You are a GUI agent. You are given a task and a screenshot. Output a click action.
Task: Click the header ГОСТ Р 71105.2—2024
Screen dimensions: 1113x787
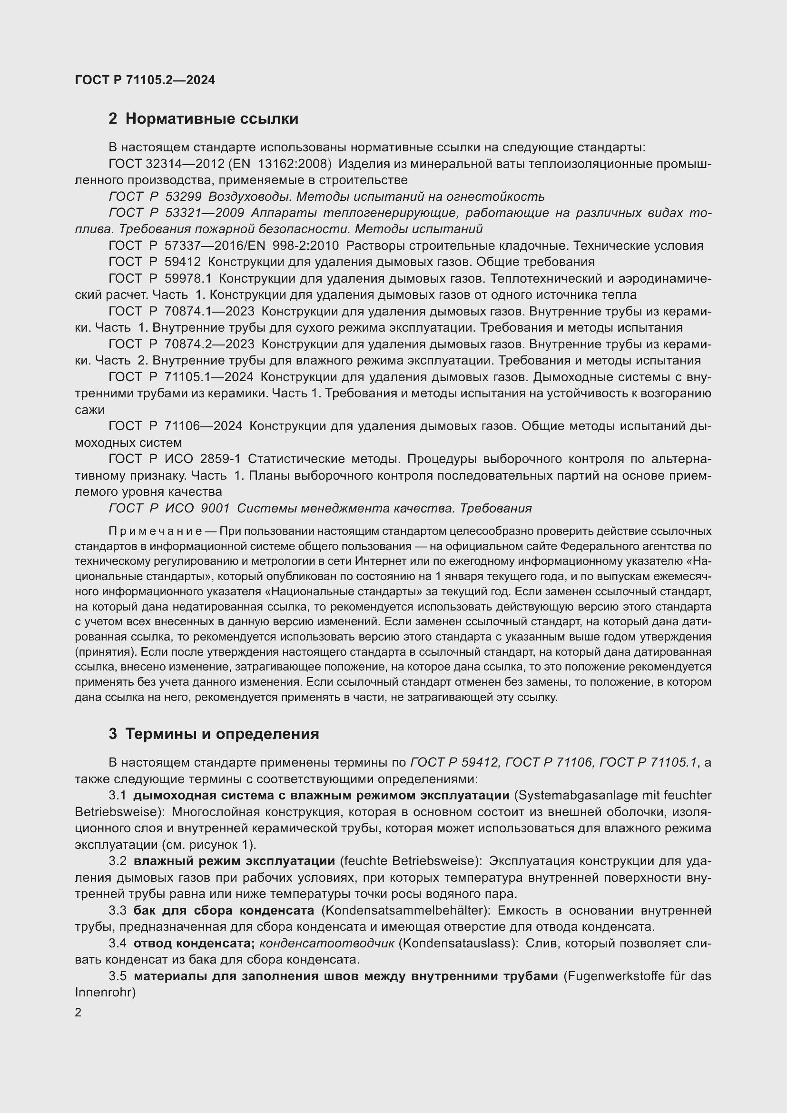[x=145, y=80]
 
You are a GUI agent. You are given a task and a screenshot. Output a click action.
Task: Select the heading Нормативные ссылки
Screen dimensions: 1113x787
[x=211, y=119]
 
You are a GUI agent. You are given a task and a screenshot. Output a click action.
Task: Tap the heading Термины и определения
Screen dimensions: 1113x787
[x=222, y=734]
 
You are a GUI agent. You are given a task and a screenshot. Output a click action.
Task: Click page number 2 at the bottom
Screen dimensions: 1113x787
[x=79, y=1012]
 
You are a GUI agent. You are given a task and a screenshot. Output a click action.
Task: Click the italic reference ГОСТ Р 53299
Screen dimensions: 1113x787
[x=150, y=197]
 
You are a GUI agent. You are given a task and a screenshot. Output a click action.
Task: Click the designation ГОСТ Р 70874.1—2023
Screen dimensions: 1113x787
[x=181, y=311]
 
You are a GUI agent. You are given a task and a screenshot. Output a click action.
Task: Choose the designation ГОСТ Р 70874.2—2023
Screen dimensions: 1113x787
[x=181, y=344]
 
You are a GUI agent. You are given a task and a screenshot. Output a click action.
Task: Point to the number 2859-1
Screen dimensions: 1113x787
[x=220, y=459]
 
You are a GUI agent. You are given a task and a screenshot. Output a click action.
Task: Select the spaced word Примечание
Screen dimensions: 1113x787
[x=155, y=532]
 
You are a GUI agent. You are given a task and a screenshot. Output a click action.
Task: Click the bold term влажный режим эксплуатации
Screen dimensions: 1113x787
[x=234, y=861]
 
